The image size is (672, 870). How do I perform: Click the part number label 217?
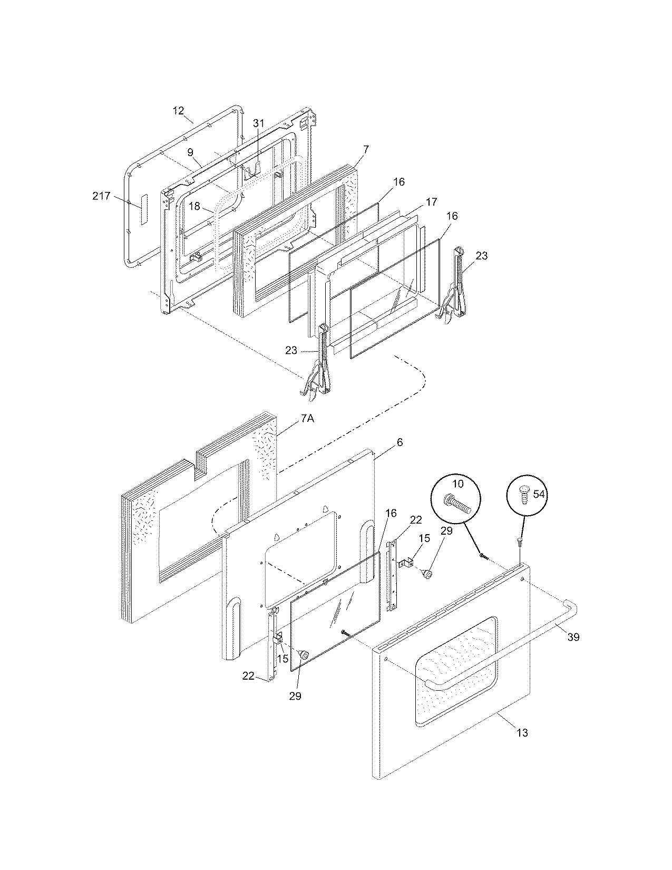(101, 196)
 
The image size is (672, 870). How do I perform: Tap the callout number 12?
(178, 110)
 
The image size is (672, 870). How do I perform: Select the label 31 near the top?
(258, 123)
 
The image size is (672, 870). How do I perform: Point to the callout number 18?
(194, 206)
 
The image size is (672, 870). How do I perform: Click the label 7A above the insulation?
(308, 418)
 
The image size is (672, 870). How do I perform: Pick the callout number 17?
(432, 201)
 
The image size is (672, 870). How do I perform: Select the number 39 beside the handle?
(573, 637)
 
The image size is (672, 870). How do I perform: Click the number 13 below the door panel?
(522, 732)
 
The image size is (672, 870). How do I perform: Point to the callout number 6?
(400, 442)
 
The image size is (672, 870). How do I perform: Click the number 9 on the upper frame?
(190, 152)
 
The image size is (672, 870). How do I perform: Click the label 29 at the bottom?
(295, 696)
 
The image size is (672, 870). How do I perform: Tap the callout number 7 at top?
(366, 149)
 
